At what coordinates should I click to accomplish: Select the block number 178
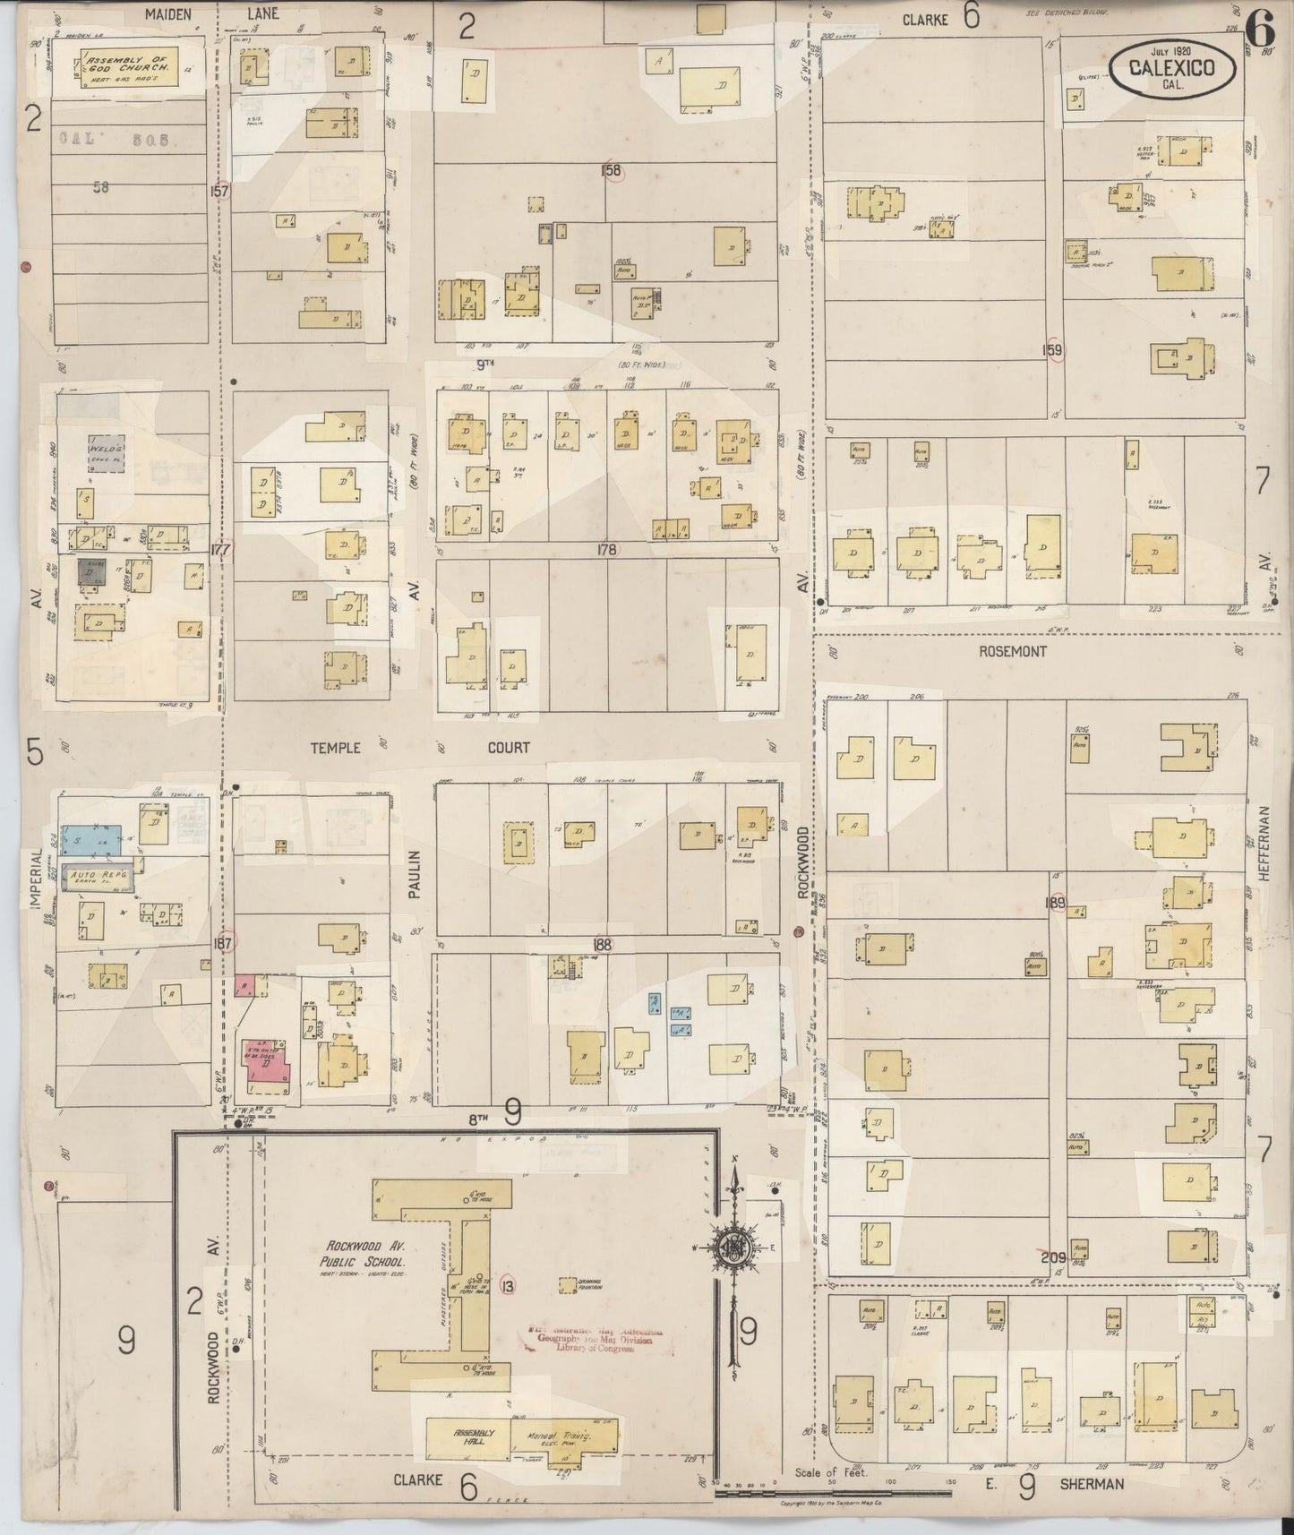(x=606, y=550)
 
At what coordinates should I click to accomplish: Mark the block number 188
(x=602, y=944)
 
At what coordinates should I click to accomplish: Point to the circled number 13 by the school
(x=509, y=1287)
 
